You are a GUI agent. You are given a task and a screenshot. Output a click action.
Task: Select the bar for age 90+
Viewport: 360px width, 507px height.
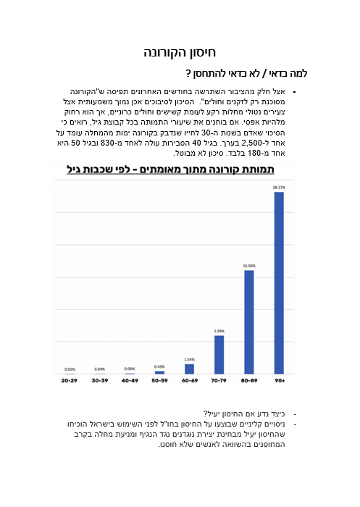(279, 282)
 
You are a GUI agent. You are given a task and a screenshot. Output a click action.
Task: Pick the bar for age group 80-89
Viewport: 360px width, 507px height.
(249, 322)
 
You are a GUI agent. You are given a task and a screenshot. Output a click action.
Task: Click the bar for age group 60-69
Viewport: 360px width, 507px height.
(189, 369)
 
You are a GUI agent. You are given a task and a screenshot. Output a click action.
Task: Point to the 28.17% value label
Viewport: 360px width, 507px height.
(279, 187)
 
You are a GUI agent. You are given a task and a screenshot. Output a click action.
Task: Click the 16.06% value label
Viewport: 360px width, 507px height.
(249, 265)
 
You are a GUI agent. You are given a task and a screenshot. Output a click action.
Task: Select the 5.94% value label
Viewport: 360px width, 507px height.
(219, 331)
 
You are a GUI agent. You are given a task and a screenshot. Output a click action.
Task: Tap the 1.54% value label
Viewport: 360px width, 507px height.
(189, 359)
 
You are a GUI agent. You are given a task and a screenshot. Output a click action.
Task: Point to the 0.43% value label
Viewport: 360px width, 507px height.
(159, 366)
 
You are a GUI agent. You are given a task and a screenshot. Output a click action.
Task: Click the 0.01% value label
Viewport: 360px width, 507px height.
(70, 369)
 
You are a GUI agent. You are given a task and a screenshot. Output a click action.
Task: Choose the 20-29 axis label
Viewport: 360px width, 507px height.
(70, 380)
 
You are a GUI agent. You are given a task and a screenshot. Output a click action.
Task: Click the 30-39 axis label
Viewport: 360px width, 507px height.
(99, 380)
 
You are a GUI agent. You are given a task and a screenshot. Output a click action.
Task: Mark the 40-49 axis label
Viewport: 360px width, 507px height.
(130, 380)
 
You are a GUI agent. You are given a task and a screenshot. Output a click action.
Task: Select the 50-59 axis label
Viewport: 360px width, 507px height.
(159, 380)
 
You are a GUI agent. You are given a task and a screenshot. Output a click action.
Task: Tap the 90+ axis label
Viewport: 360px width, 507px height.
(279, 380)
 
